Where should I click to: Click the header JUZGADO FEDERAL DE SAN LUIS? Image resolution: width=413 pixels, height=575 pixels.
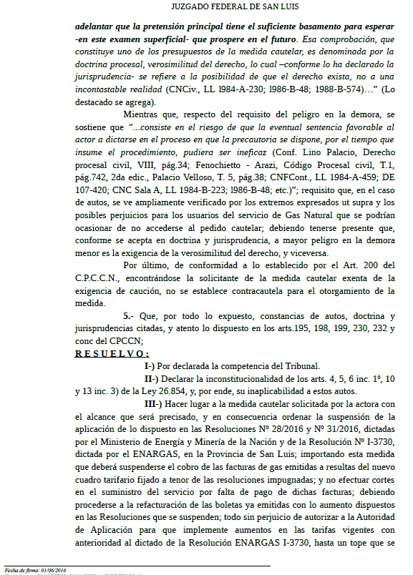click(x=206, y=8)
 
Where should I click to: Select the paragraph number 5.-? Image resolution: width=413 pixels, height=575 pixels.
click(x=130, y=315)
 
